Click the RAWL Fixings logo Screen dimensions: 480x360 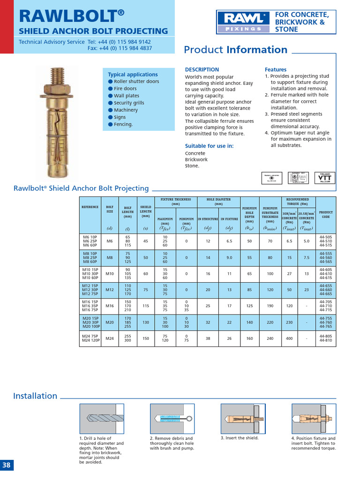(x=243, y=22)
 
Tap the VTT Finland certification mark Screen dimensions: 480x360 (x=325, y=178)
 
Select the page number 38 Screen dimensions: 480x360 (x=7, y=465)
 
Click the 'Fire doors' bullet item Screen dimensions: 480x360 (x=125, y=89)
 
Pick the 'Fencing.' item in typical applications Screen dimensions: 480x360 (x=123, y=124)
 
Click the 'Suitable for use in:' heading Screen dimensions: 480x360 (x=209, y=146)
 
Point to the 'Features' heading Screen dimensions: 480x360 (x=276, y=69)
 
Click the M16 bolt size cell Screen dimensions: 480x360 (x=110, y=306)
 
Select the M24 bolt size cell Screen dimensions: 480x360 (x=110, y=338)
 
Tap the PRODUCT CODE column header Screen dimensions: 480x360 (x=326, y=214)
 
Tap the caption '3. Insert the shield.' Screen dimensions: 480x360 (x=240, y=438)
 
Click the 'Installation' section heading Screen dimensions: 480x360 (x=35, y=396)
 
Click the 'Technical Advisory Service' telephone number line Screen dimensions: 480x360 (x=85, y=42)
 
